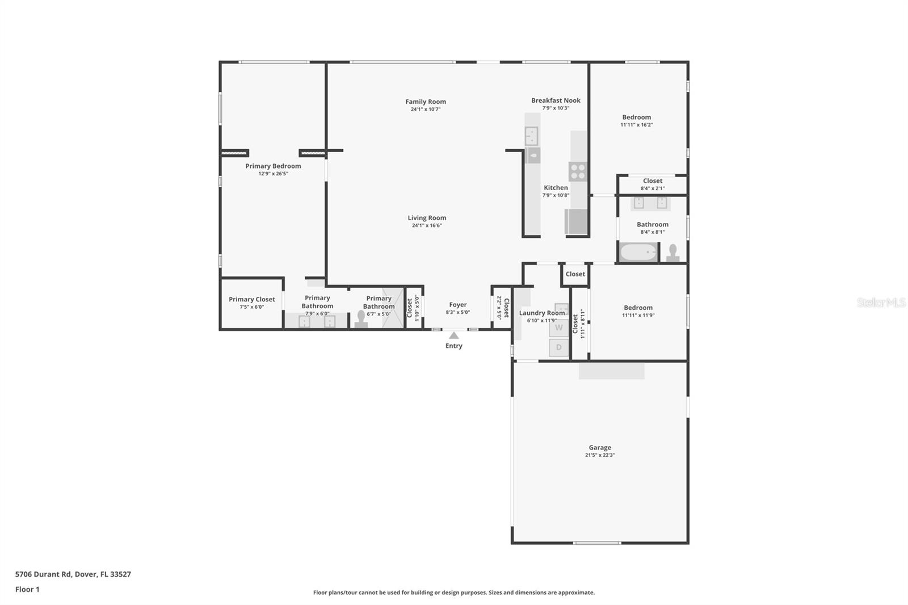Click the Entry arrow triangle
click(454, 335)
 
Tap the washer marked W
click(559, 328)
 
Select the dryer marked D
click(559, 347)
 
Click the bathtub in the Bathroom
click(638, 252)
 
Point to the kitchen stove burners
click(578, 171)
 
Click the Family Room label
click(426, 102)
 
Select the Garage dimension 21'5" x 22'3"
click(600, 455)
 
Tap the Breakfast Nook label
click(556, 100)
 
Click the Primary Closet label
click(252, 299)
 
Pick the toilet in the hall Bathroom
click(673, 252)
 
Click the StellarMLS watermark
click(881, 302)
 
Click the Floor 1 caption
click(27, 589)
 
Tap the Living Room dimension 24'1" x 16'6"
click(427, 225)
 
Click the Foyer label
click(458, 305)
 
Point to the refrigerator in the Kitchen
click(576, 221)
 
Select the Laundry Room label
click(542, 313)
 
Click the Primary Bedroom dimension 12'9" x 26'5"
click(273, 174)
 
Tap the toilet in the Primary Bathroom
click(361, 319)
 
